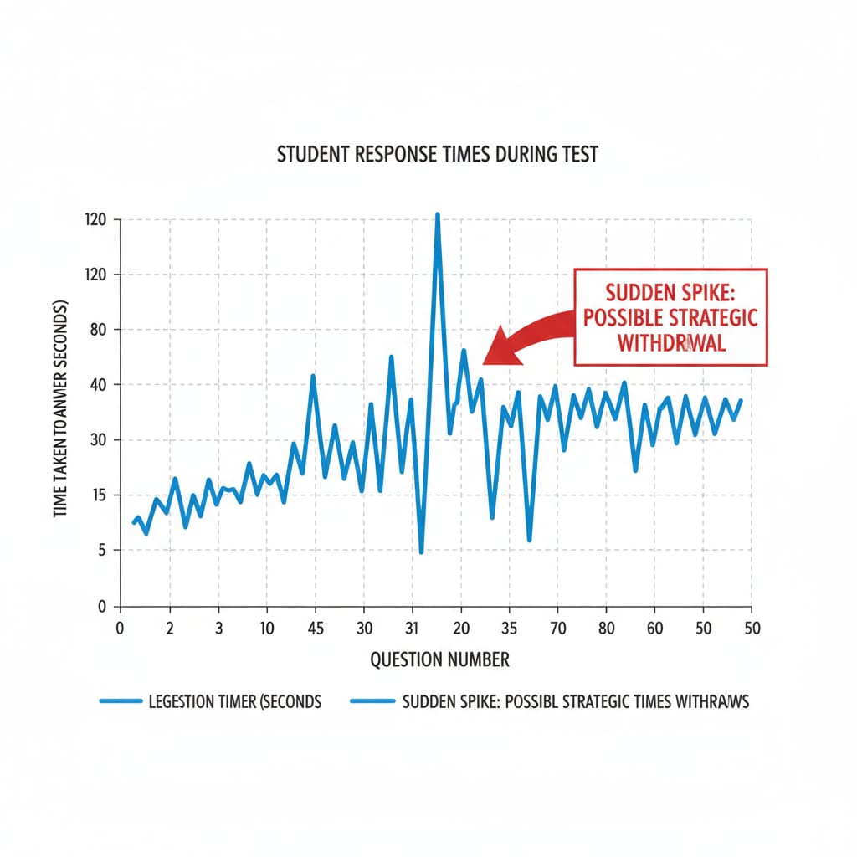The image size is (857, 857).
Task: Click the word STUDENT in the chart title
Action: click(x=313, y=156)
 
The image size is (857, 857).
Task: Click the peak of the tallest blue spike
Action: click(x=437, y=215)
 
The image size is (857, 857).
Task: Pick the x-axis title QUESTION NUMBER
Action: click(x=439, y=659)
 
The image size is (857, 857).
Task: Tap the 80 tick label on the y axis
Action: click(x=100, y=330)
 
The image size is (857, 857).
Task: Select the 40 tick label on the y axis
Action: click(x=100, y=385)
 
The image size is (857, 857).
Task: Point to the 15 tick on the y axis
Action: click(x=100, y=495)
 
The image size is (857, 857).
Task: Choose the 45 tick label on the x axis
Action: click(x=316, y=629)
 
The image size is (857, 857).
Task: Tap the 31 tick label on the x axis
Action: click(x=413, y=629)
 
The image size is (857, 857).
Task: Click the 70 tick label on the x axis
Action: click(x=558, y=629)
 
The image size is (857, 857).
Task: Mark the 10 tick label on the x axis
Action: click(x=266, y=629)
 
